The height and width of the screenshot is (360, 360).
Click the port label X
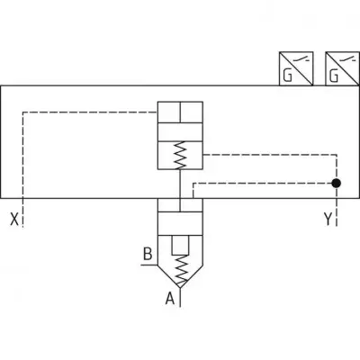pos(14,219)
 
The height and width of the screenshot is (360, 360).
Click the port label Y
pos(328,219)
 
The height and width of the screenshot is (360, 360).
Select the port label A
pos(170,299)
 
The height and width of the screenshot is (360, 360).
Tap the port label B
pos(148,254)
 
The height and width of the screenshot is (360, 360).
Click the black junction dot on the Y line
pos(337,183)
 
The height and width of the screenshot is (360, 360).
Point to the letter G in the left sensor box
pos(287,76)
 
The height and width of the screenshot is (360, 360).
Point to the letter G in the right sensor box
pos(334,76)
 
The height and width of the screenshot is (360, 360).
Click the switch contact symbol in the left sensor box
pos(301,59)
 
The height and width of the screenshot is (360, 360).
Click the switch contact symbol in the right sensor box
pos(347,59)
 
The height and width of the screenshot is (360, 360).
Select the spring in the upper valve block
pos(180,155)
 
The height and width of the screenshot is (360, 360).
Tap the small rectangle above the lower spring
pos(180,246)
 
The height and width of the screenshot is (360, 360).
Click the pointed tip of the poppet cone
pos(180,288)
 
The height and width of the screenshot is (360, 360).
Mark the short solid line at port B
pos(149,265)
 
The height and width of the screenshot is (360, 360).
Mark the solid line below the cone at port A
pos(180,297)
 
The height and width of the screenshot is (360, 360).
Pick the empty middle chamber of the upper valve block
pos(180,131)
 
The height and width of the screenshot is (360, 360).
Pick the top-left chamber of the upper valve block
pos(169,112)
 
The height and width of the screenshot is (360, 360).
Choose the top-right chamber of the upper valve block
pos(192,112)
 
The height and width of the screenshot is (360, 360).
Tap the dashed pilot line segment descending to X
pos(23,169)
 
